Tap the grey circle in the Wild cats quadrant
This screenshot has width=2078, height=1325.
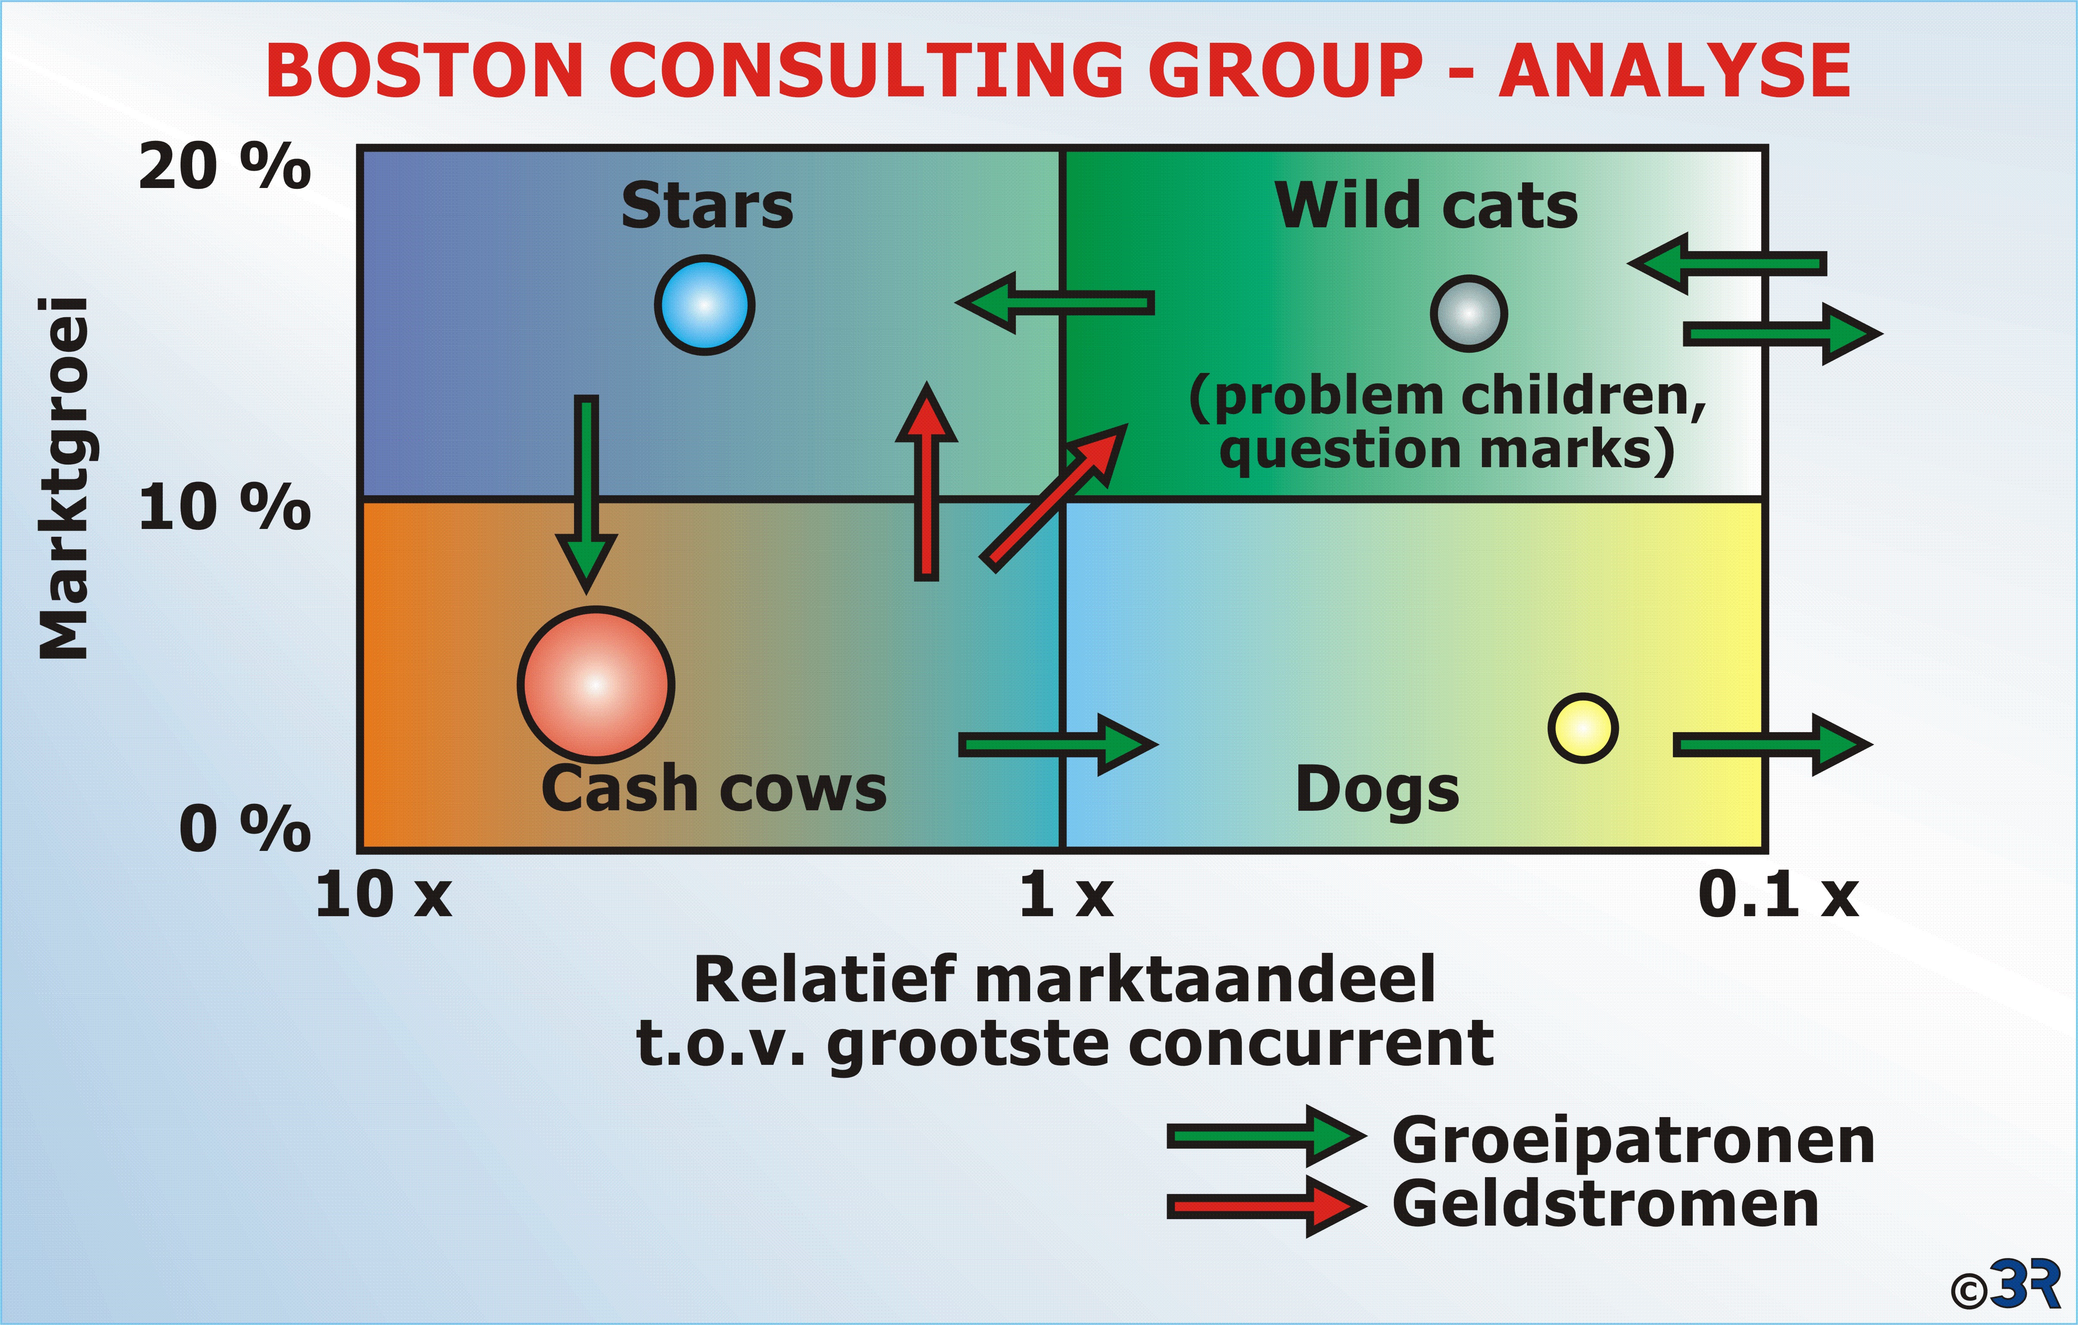point(1469,313)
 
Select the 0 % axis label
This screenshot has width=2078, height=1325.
point(245,828)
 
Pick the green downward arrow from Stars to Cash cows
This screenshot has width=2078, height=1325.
point(586,495)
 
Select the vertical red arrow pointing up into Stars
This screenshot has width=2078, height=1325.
point(926,481)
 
